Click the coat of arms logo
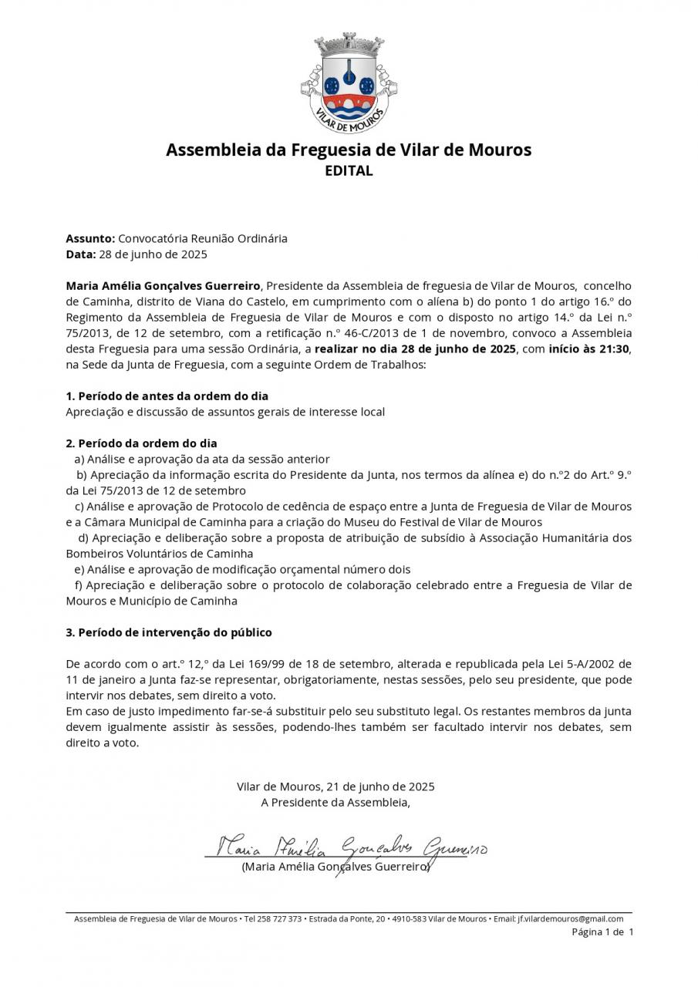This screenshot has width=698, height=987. [349, 83]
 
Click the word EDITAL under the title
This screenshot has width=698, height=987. [349, 171]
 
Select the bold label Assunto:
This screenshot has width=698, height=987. [90, 238]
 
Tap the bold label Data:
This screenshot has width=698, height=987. [80, 254]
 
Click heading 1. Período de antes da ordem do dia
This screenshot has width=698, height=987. [167, 396]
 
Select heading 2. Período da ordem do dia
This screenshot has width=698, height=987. [141, 443]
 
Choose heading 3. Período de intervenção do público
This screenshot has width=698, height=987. [169, 632]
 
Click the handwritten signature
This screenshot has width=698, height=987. [347, 848]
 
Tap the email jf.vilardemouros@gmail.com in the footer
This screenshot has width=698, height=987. [570, 918]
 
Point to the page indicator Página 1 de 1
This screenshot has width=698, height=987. [602, 932]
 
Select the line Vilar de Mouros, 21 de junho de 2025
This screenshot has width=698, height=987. [336, 787]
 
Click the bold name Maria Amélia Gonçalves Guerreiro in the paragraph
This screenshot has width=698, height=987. [164, 286]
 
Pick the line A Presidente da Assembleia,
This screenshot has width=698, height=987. [336, 803]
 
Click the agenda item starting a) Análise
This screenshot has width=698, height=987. [202, 459]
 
